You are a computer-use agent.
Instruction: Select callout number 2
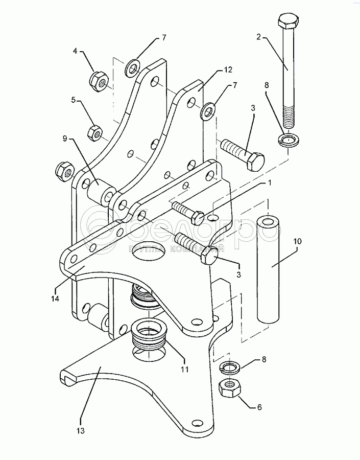(259, 37)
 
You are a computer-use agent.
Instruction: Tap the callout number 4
(75, 51)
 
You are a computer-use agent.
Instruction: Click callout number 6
(259, 407)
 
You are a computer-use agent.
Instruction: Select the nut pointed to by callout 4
(98, 80)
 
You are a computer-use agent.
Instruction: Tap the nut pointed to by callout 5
(93, 132)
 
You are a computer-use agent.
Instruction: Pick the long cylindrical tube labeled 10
(269, 270)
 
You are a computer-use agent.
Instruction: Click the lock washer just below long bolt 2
(289, 139)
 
